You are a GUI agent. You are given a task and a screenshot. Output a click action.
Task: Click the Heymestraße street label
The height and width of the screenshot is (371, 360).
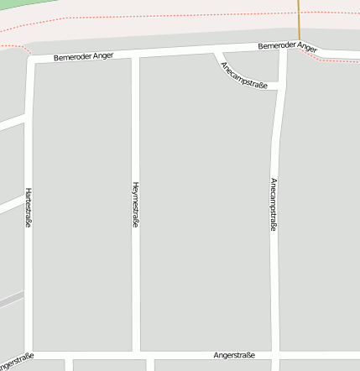(x=136, y=205)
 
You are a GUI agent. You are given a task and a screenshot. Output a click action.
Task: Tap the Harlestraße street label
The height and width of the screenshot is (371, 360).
(x=29, y=208)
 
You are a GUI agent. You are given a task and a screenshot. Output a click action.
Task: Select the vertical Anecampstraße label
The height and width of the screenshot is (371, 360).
(x=274, y=204)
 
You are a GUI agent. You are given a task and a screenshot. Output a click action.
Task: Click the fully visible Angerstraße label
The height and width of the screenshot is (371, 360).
(x=234, y=356)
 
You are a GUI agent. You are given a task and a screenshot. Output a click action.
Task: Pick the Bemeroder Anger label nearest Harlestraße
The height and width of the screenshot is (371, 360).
(x=83, y=57)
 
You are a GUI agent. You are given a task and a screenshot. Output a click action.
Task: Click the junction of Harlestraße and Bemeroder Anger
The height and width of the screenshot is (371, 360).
(x=29, y=60)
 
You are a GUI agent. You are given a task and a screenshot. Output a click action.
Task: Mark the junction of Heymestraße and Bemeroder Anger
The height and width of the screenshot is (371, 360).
(x=135, y=55)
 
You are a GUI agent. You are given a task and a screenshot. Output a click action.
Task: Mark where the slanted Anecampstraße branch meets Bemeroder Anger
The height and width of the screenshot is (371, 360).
(x=216, y=52)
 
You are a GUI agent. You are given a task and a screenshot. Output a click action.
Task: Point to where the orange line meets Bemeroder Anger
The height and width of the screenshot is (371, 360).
(x=298, y=44)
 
